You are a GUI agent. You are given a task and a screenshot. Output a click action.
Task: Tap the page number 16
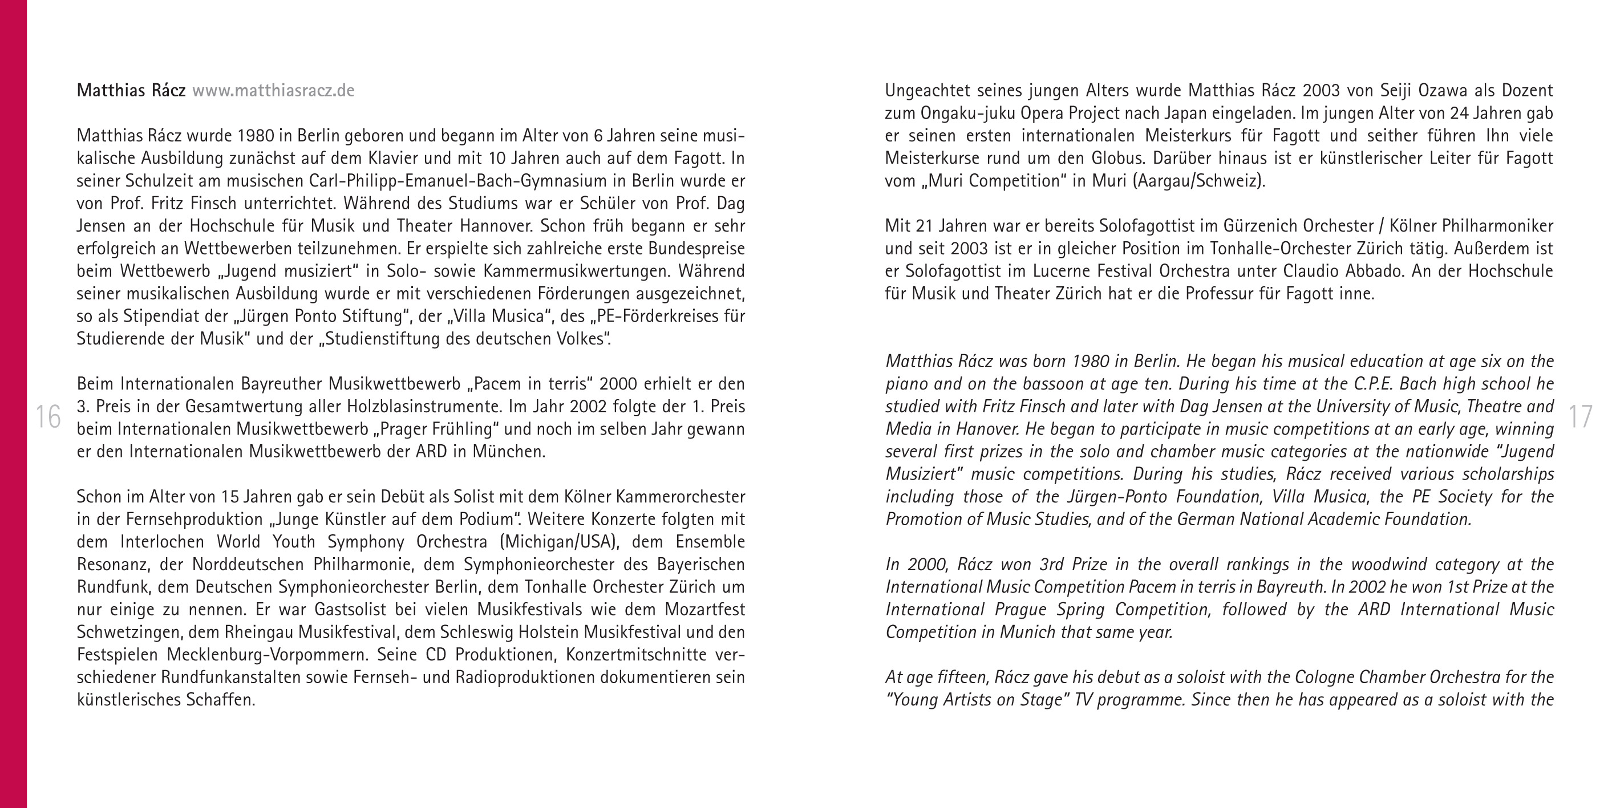[48, 417]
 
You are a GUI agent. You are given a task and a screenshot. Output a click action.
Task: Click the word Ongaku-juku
[968, 113]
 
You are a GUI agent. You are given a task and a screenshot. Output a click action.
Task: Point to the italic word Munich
[1027, 632]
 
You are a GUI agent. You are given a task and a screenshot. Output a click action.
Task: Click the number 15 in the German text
[230, 497]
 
